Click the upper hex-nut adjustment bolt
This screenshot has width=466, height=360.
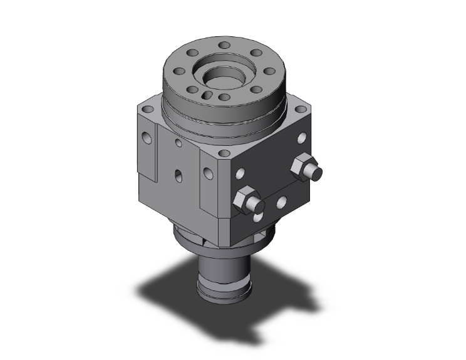[x=306, y=167]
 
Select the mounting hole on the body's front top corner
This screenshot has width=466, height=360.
[x=222, y=152]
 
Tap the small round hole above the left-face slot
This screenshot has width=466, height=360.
[x=180, y=144]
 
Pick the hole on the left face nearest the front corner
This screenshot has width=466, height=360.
[x=206, y=168]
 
